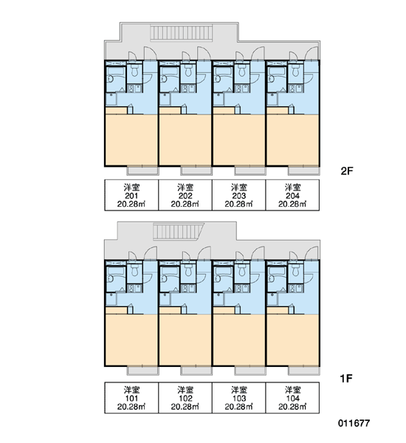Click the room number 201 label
point(131,196)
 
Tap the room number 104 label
point(293,399)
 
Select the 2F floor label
point(347,171)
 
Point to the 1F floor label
point(346,378)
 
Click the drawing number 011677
point(354,423)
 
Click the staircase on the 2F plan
point(181,33)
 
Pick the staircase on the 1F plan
point(179,232)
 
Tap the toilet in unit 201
point(134,71)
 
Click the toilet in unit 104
point(295,270)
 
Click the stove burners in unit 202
point(185,89)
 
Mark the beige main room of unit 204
point(293,140)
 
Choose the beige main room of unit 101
point(131,340)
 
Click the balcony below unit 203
point(250,171)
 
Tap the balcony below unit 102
point(196,371)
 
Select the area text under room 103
point(238,407)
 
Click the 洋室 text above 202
point(185,187)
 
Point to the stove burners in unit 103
point(238,289)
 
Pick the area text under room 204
point(292,204)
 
